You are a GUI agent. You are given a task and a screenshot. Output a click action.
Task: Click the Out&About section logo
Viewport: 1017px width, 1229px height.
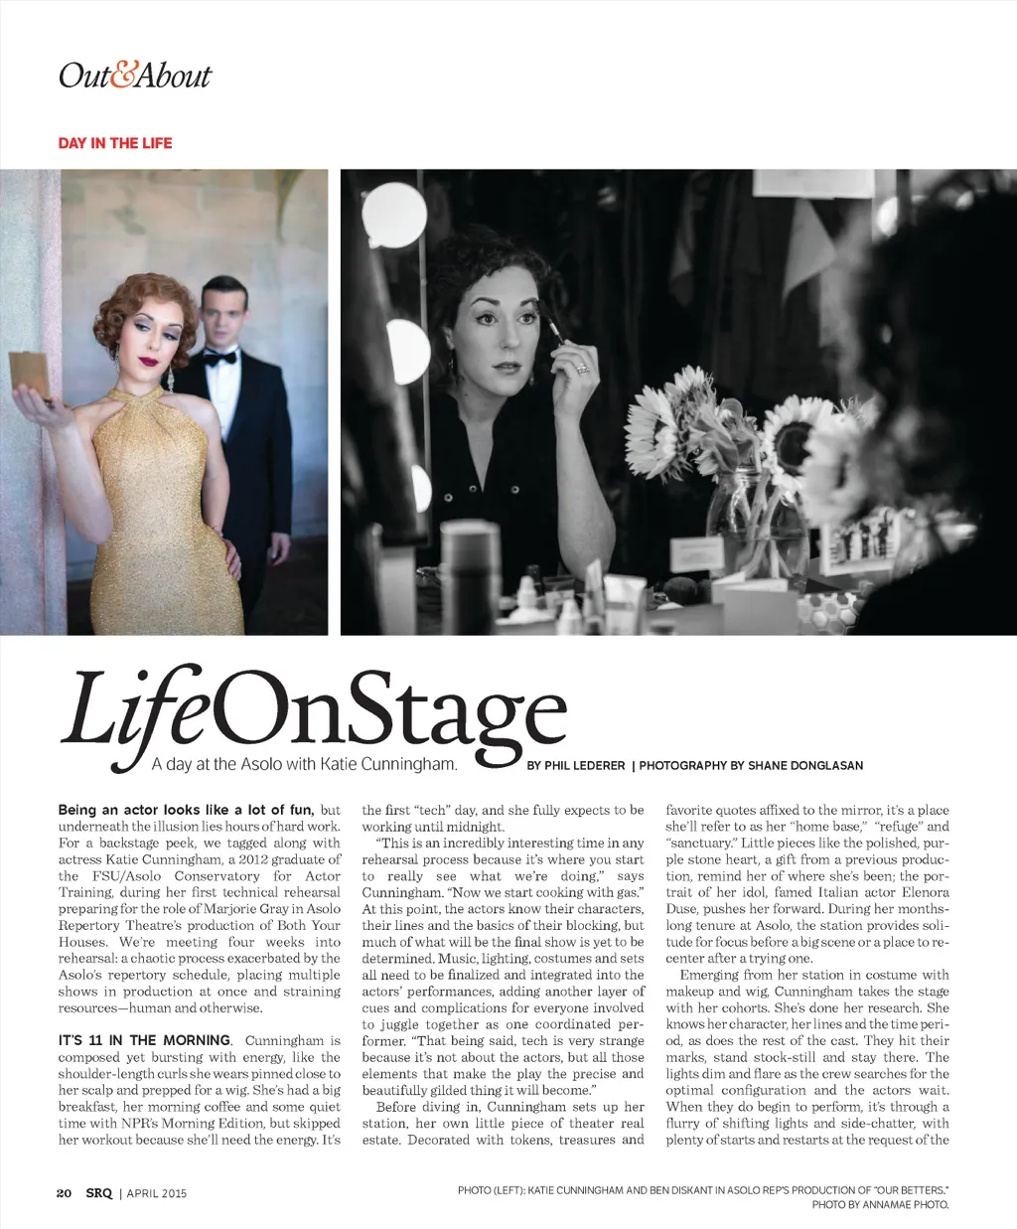coord(135,76)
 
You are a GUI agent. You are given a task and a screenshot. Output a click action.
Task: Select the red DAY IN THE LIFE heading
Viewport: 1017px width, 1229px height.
coord(115,143)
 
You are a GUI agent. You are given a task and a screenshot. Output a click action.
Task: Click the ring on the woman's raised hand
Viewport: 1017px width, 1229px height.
coord(582,369)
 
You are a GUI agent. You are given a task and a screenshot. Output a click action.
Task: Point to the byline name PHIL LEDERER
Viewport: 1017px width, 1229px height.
coord(585,766)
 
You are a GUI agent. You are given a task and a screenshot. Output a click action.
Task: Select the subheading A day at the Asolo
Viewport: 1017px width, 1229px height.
coord(304,764)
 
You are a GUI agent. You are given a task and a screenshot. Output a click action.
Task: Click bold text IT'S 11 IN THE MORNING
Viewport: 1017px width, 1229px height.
coord(145,1040)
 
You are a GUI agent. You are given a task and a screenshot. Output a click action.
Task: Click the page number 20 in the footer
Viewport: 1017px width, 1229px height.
coord(64,1193)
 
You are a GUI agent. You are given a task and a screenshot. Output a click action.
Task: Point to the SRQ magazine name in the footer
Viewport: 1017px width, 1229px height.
coord(98,1193)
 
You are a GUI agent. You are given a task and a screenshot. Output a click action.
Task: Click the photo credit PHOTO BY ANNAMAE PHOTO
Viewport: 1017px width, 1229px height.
coord(880,1204)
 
